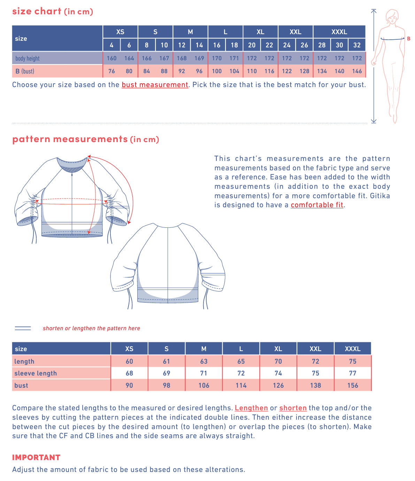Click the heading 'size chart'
coord(37,11)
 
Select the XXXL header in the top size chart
coord(339,32)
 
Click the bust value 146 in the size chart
coord(357,71)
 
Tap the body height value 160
coord(112,58)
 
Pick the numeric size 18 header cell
coord(234,45)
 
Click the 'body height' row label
coord(28,58)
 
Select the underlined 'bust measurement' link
coord(155,85)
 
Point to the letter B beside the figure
coord(409,39)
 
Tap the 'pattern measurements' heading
coord(70,139)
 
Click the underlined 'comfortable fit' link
coord(317,205)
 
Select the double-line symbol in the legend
coord(23,328)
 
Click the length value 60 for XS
coord(129,361)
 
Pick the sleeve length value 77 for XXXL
coord(353,373)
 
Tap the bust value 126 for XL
coord(278,385)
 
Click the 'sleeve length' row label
coord(36,373)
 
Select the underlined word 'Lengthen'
coord(251,408)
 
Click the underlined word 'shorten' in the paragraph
coord(293,408)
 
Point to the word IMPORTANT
coord(36,457)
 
